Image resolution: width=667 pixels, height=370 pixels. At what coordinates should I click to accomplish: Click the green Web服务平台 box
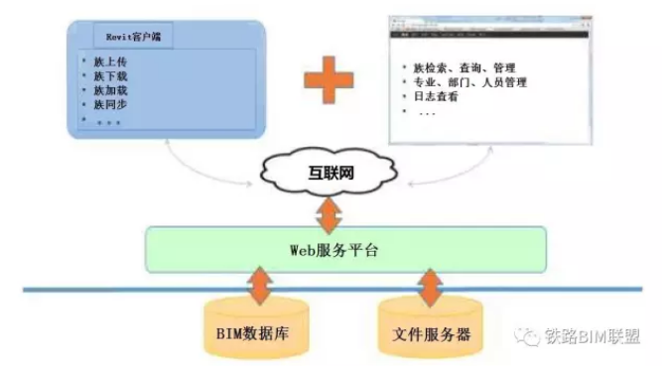tap(345, 249)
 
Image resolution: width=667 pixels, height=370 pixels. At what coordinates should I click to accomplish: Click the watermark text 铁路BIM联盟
tap(595, 335)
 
